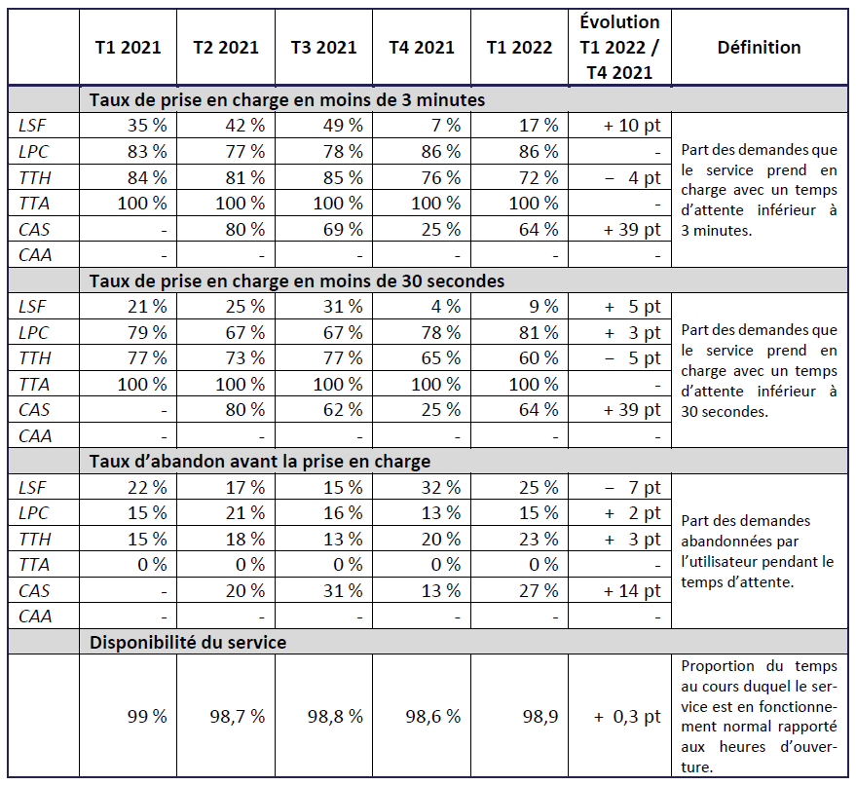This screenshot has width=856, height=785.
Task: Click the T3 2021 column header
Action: [323, 48]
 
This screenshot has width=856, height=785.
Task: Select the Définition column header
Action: [759, 48]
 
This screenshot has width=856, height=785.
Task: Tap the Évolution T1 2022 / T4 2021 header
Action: [620, 48]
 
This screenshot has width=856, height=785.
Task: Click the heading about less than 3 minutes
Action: [287, 99]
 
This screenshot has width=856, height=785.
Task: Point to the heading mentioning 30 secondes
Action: [297, 280]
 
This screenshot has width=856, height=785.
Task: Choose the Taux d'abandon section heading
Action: [260, 462]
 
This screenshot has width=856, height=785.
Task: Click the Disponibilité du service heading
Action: [188, 643]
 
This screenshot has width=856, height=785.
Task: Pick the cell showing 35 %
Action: [146, 125]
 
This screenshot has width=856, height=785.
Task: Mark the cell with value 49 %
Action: [343, 125]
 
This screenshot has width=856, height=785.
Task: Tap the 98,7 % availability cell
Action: [238, 716]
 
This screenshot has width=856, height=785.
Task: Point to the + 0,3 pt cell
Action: [627, 716]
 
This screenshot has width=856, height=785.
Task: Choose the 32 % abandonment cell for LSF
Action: [441, 487]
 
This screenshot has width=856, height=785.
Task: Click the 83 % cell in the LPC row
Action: [146, 151]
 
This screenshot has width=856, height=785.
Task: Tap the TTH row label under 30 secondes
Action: [34, 358]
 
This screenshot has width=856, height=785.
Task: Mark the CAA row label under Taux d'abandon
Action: [34, 617]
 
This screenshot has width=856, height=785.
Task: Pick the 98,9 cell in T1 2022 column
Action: [538, 716]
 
